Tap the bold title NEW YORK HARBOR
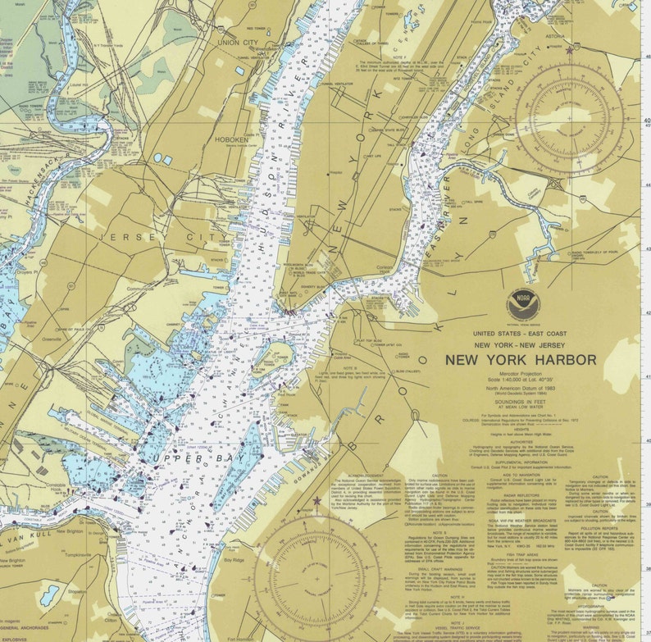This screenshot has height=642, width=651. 521,359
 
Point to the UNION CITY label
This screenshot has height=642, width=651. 238,42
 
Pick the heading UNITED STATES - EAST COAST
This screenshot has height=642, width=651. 521,334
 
